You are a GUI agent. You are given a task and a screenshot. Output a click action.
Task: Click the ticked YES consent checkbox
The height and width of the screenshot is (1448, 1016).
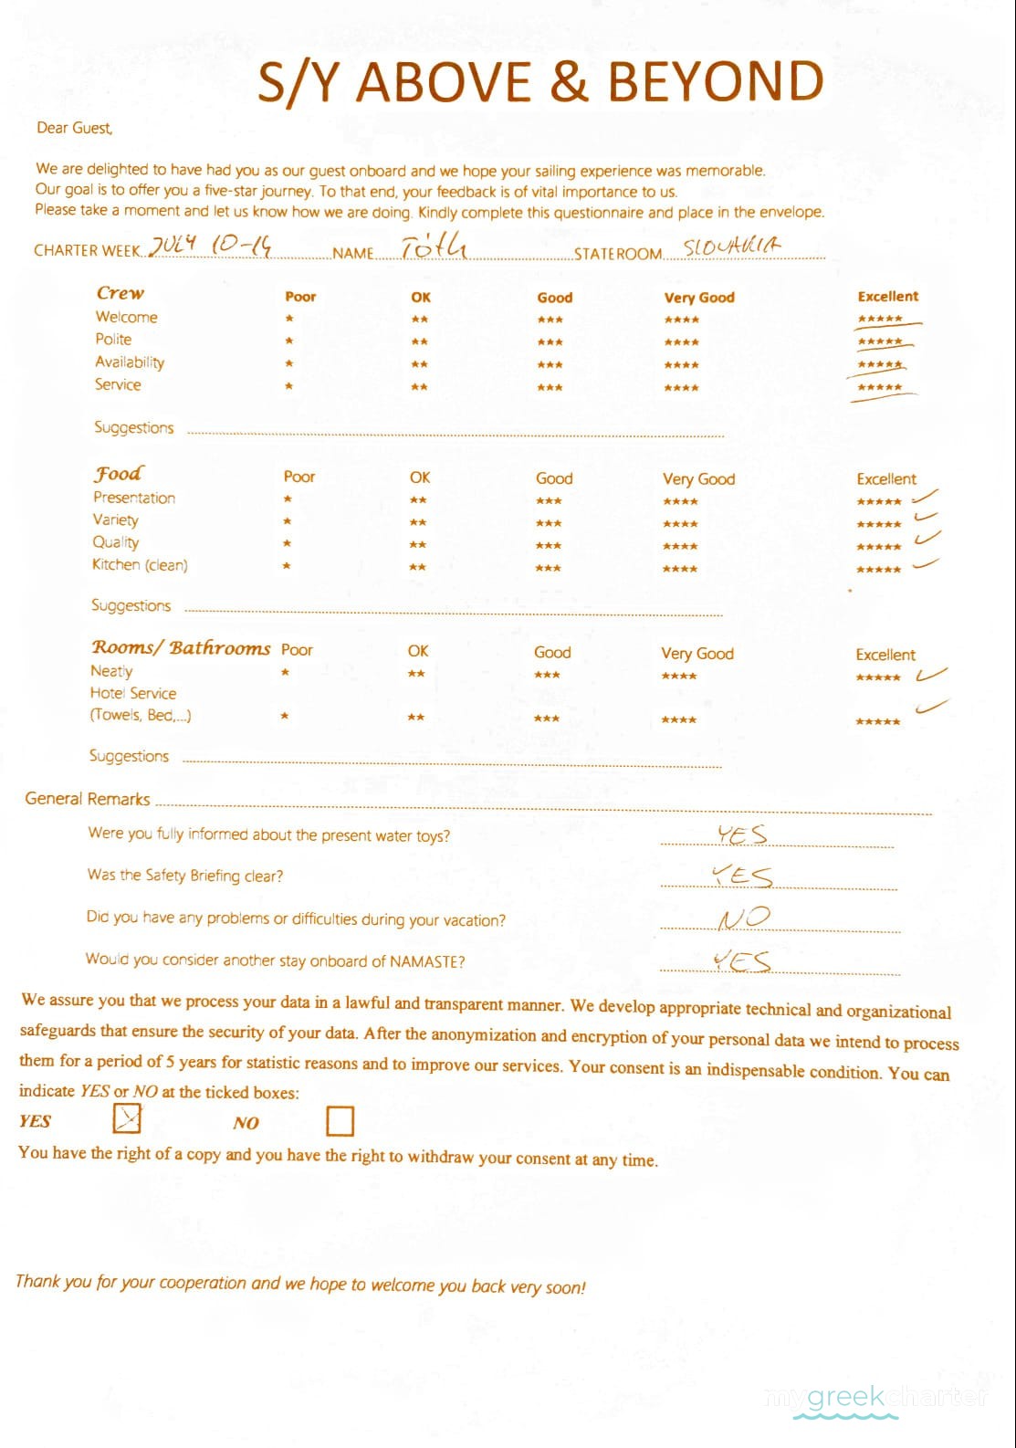126,1117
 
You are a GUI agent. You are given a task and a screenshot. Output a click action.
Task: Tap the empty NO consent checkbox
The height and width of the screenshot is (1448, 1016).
340,1120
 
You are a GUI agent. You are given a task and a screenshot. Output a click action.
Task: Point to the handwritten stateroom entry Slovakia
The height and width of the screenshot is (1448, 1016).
732,246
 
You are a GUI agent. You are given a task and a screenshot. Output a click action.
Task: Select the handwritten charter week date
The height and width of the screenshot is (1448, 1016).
211,245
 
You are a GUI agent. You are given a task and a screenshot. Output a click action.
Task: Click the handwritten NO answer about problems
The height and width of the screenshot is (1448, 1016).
744,918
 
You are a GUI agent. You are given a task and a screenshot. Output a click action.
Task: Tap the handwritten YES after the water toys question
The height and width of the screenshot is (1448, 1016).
741,834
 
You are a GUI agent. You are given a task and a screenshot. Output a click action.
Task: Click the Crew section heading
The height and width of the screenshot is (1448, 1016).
120,293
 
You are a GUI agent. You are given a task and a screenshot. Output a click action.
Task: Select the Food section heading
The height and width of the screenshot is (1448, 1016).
119,473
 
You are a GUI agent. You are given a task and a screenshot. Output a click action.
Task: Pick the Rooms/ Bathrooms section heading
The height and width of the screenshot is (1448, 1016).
181,647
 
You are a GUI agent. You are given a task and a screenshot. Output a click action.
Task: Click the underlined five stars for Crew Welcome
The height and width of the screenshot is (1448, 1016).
881,320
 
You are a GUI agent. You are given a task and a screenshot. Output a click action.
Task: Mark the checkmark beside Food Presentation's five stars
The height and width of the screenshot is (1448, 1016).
925,497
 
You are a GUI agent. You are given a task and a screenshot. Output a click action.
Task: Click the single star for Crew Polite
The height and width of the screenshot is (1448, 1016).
288,341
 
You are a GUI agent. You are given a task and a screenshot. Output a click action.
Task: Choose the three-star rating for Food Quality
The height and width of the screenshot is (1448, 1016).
549,546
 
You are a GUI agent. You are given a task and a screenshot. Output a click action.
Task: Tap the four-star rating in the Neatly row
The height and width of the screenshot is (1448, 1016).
679,677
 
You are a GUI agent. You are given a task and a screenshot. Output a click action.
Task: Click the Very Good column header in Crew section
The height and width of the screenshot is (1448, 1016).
699,298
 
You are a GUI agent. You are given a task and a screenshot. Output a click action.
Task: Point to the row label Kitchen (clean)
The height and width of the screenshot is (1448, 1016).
140,565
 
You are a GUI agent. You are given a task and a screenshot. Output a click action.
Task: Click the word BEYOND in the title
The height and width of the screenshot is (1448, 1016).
715,81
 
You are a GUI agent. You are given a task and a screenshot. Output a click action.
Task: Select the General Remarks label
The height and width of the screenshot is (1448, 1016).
88,799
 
